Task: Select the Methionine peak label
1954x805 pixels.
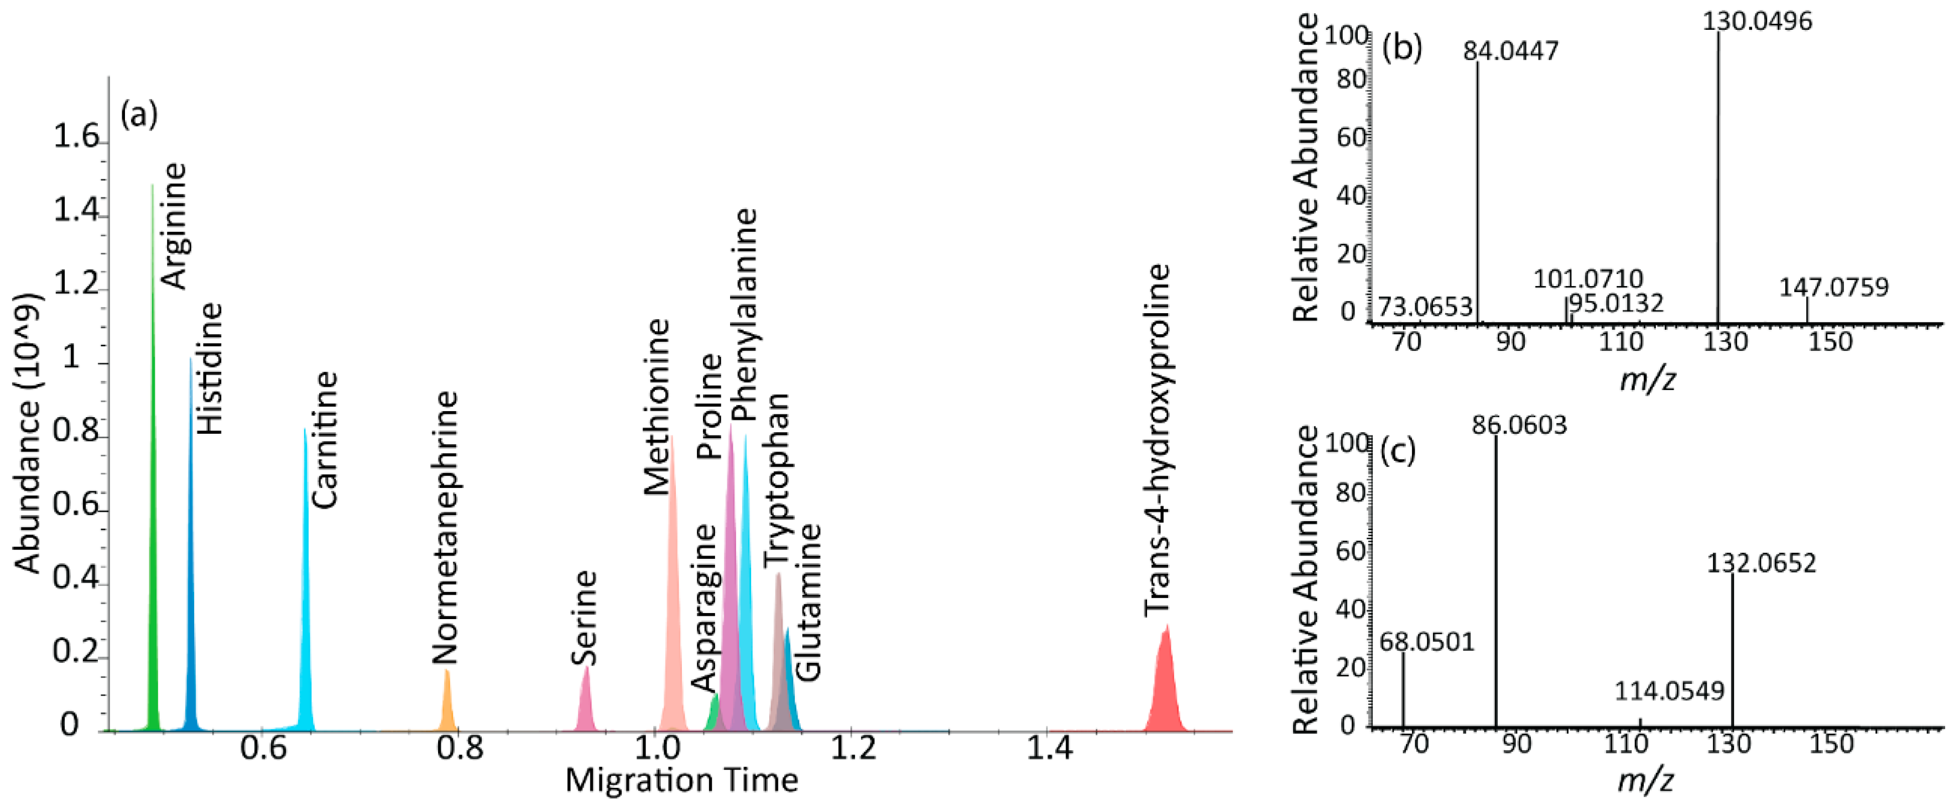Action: (657, 407)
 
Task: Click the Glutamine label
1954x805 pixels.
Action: (809, 601)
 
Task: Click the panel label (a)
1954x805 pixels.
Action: (139, 115)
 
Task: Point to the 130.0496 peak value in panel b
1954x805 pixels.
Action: (1757, 21)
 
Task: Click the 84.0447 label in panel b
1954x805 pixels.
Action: (1510, 51)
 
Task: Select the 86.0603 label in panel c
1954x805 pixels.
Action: (1519, 425)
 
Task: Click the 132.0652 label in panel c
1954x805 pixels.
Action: (1762, 563)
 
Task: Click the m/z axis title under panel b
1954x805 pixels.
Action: (1647, 378)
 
